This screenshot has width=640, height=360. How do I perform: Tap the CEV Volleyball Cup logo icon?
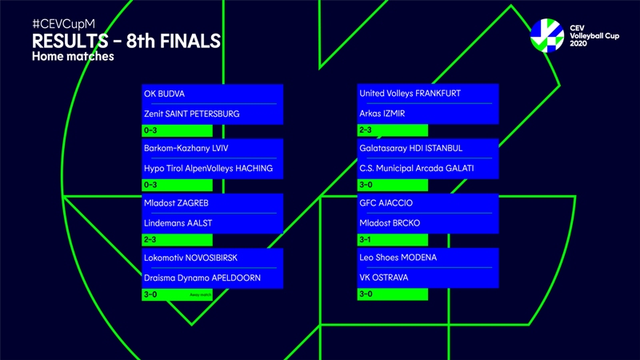coord(547,35)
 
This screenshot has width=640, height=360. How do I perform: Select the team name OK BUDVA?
coord(164,94)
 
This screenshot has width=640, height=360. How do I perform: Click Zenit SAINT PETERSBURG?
coord(191,114)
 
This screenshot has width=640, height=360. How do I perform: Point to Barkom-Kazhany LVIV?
coord(185,148)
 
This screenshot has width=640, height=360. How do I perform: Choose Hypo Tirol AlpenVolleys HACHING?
coord(208,168)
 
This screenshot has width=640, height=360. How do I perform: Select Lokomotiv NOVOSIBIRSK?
coord(190,257)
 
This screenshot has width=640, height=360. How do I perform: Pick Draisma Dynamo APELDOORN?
coord(202,278)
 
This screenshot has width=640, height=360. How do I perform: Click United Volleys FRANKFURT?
coord(410,94)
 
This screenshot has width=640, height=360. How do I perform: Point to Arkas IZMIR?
coord(382,114)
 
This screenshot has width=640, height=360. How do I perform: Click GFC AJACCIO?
coord(386,202)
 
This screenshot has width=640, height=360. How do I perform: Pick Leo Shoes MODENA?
coord(398,257)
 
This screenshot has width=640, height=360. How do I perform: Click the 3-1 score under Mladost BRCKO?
coord(366,239)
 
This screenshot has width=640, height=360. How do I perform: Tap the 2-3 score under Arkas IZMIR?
coord(366,130)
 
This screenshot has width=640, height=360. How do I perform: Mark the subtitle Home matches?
coord(74,57)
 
